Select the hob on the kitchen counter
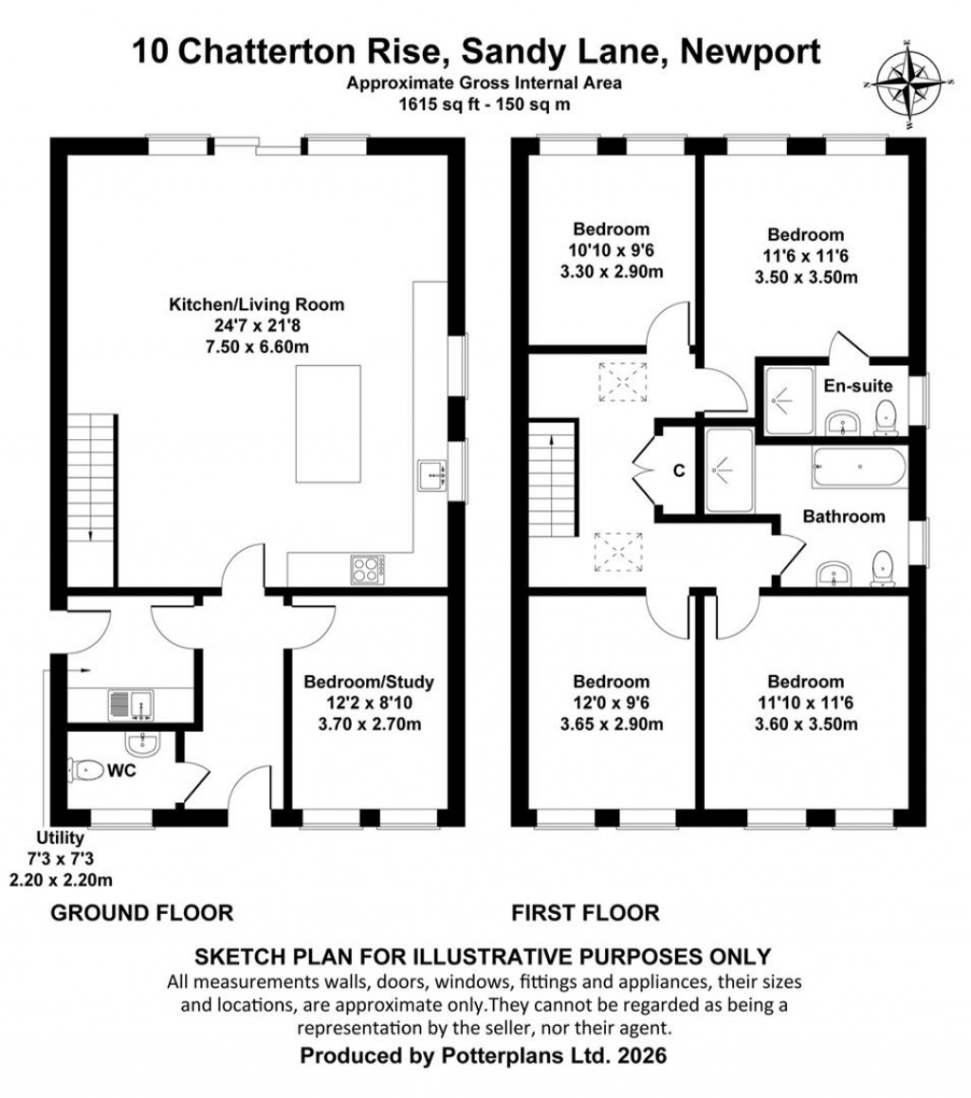click(368, 567)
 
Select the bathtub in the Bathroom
click(859, 468)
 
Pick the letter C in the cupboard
click(679, 470)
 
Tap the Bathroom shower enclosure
click(729, 470)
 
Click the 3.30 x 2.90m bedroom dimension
click(611, 272)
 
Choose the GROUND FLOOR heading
click(141, 913)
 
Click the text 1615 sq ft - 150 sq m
click(485, 104)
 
